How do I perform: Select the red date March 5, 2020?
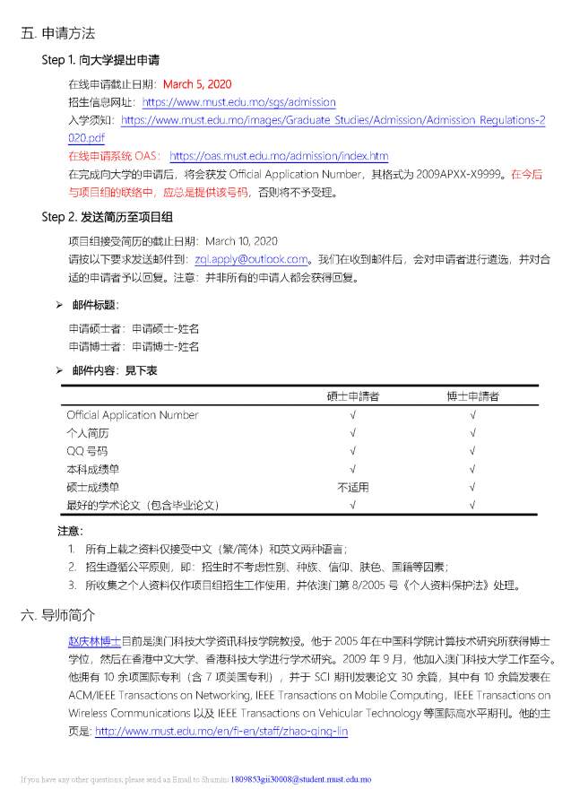pyautogui.click(x=196, y=84)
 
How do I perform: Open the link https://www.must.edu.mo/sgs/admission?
pyautogui.click(x=238, y=102)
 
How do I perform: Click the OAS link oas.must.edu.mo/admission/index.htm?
pyautogui.click(x=278, y=156)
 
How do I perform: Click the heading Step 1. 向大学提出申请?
pyautogui.click(x=100, y=60)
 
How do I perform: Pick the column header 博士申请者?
pyautogui.click(x=472, y=396)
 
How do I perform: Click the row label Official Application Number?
pyautogui.click(x=132, y=415)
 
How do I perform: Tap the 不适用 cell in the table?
pyautogui.click(x=352, y=487)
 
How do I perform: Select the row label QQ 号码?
pyautogui.click(x=87, y=451)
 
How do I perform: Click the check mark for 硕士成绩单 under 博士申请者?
pyautogui.click(x=472, y=487)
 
